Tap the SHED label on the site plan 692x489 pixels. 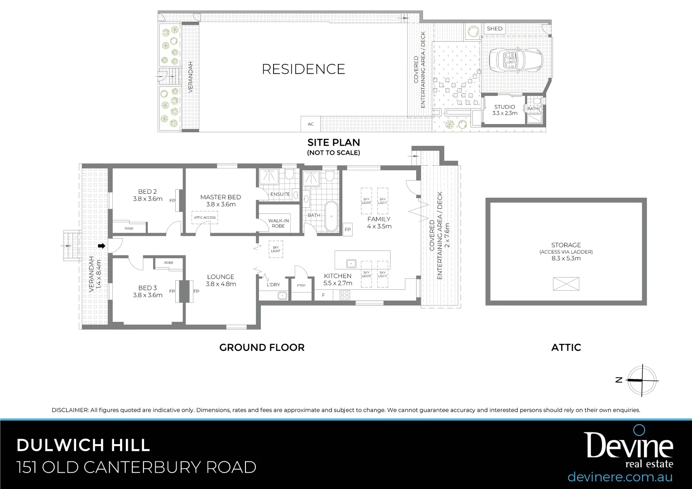[x=495, y=29]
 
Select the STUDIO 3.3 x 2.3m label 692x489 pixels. [x=505, y=110]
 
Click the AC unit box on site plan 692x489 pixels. [x=311, y=124]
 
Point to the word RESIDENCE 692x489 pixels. [x=303, y=69]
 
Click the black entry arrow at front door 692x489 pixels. [x=102, y=246]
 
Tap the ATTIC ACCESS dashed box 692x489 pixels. [x=205, y=217]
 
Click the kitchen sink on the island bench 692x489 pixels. [x=350, y=263]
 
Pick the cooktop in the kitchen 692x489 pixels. [x=345, y=295]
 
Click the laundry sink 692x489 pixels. [x=282, y=296]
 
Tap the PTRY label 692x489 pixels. [x=301, y=285]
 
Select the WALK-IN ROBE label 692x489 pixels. [x=279, y=223]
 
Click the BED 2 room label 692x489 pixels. [x=148, y=195]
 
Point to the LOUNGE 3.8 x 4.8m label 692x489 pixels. [x=221, y=280]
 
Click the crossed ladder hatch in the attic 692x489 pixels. [x=566, y=284]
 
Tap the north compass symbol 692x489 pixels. [x=641, y=380]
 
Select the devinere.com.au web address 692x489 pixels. [x=620, y=477]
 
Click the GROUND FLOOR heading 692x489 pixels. [x=262, y=347]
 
